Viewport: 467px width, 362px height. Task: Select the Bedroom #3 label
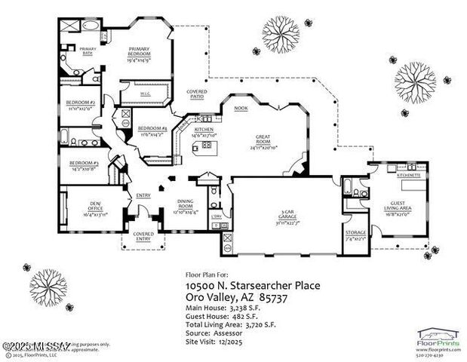(84, 165)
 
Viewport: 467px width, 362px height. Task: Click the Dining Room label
(185, 204)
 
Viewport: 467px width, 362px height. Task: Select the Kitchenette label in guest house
(410, 174)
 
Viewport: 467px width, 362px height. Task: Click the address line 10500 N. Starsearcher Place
(238, 286)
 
